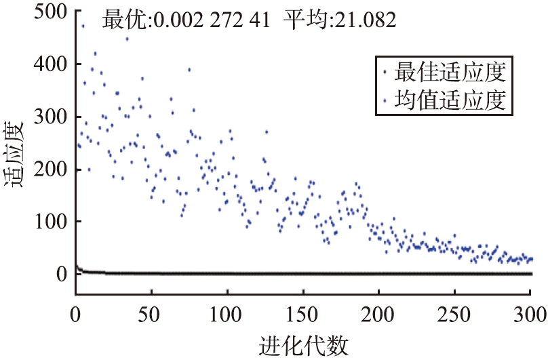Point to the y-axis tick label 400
(x=48, y=64)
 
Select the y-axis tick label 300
(x=48, y=117)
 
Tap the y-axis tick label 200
(x=48, y=169)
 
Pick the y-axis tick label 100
(x=48, y=221)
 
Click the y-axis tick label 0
(x=60, y=273)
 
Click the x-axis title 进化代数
(x=303, y=345)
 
